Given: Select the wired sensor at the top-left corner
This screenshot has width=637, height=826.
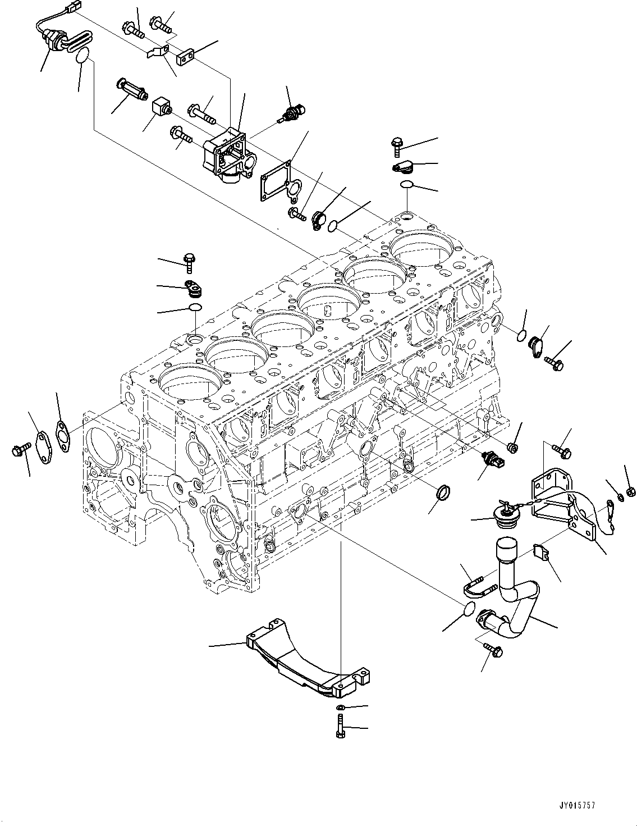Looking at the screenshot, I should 56,39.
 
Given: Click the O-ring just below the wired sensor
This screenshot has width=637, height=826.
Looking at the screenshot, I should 83,56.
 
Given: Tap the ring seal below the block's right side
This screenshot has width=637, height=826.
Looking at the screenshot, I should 444,494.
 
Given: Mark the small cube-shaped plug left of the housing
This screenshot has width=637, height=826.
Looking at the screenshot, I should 160,107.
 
